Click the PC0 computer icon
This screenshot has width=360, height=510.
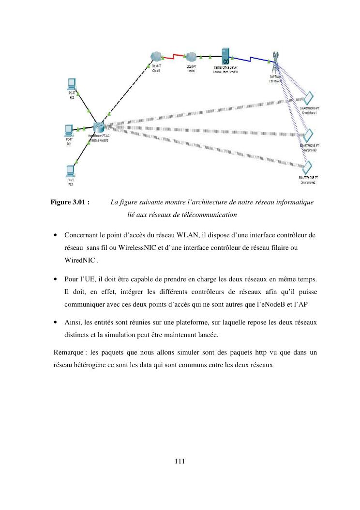click(71, 82)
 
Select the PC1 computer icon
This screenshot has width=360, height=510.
click(69, 129)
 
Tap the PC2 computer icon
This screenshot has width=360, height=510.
click(71, 170)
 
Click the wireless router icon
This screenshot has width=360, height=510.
click(99, 127)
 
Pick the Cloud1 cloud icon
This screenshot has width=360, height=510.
click(156, 57)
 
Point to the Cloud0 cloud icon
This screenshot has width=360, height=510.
click(191, 57)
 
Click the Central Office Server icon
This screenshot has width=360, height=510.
click(225, 56)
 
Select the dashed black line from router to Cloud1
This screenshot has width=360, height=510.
click(128, 92)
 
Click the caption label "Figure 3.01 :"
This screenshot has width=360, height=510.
click(70, 202)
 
